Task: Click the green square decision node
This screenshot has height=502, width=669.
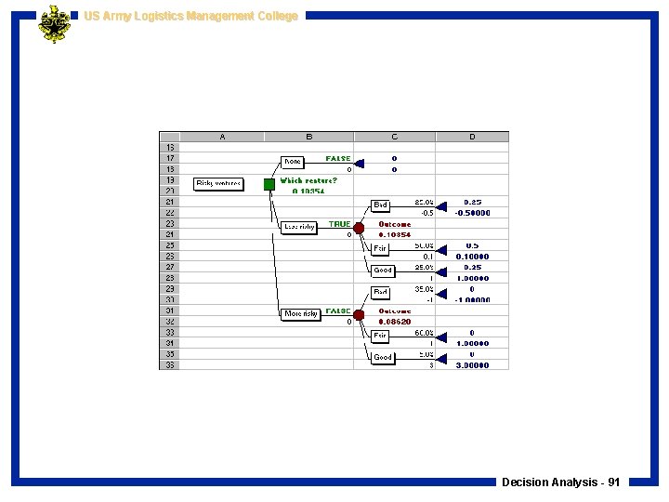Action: click(x=269, y=184)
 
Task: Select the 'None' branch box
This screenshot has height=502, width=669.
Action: click(x=293, y=162)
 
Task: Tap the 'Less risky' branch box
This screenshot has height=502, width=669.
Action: click(x=298, y=227)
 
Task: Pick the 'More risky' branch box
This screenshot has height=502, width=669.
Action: click(x=301, y=314)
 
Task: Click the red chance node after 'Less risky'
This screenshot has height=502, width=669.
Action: click(x=359, y=228)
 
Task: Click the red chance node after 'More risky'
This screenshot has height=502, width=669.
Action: click(x=359, y=315)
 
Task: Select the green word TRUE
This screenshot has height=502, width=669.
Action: click(x=339, y=224)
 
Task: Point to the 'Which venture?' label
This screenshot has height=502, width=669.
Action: click(x=308, y=180)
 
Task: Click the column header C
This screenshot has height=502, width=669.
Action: click(x=394, y=137)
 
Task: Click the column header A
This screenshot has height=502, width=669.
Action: click(x=221, y=137)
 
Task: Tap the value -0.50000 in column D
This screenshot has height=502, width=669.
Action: click(x=472, y=213)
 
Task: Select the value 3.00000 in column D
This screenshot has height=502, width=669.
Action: click(x=472, y=365)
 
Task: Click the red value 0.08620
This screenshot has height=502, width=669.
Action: click(x=394, y=322)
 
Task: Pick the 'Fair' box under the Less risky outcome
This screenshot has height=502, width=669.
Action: click(x=381, y=248)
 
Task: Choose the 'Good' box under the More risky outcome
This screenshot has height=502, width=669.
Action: click(x=383, y=358)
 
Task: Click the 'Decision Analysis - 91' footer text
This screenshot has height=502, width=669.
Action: click(x=560, y=482)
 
